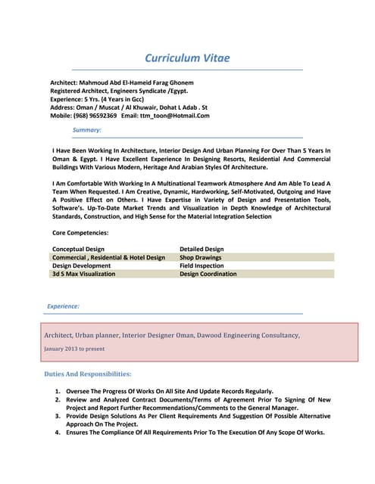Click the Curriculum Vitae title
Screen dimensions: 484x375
pos(187,58)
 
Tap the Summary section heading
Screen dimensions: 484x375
pos(86,130)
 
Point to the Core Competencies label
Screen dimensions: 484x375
pos(80,233)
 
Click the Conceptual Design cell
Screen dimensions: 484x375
pos(78,249)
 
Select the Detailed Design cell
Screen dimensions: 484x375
pos(202,249)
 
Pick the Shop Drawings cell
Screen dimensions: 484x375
pos(200,257)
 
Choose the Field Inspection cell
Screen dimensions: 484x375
pos(202,265)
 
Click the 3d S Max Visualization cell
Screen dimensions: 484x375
pos(83,274)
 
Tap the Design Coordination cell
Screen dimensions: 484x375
pos(208,274)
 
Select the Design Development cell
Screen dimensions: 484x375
pos(81,265)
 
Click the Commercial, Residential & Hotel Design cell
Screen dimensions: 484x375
pos(108,257)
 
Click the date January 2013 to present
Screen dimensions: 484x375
pos(74,349)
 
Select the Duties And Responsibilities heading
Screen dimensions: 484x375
pos(88,374)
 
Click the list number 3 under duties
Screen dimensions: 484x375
pos(58,416)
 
